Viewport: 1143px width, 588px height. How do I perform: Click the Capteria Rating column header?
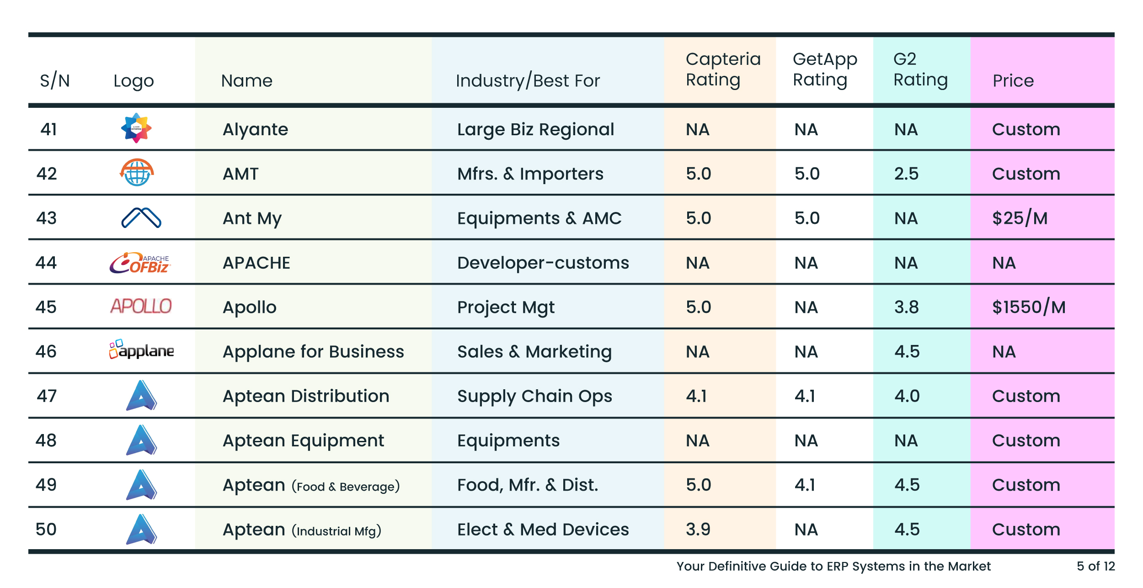coord(722,69)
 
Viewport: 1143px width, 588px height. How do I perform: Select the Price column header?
coord(1013,81)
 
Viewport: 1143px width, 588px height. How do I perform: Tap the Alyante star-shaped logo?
coord(136,128)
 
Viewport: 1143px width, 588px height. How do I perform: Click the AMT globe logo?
coord(137,173)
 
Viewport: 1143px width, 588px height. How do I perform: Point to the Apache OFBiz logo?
coord(140,263)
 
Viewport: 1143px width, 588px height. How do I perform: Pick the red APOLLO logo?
coord(141,306)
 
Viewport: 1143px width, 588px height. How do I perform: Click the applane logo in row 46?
coord(141,350)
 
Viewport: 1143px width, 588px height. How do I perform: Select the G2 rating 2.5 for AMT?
coord(906,174)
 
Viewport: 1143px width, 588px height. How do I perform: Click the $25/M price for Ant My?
coord(1019,218)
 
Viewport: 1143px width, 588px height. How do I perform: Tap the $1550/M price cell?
coord(1028,307)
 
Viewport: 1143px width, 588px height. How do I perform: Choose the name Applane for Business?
coord(313,351)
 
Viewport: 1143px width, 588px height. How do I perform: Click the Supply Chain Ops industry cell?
coord(534,396)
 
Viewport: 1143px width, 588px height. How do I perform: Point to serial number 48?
coord(46,440)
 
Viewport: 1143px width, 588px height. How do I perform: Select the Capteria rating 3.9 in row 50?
coord(698,529)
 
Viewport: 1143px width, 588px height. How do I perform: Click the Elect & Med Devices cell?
coord(543,529)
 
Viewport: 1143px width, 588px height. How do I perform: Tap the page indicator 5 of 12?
coord(1095,566)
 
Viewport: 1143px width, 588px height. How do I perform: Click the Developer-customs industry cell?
coord(543,263)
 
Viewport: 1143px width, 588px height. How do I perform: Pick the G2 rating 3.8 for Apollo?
coord(906,307)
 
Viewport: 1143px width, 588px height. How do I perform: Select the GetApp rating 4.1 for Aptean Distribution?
coord(805,396)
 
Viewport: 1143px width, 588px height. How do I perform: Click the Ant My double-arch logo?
coord(141,217)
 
